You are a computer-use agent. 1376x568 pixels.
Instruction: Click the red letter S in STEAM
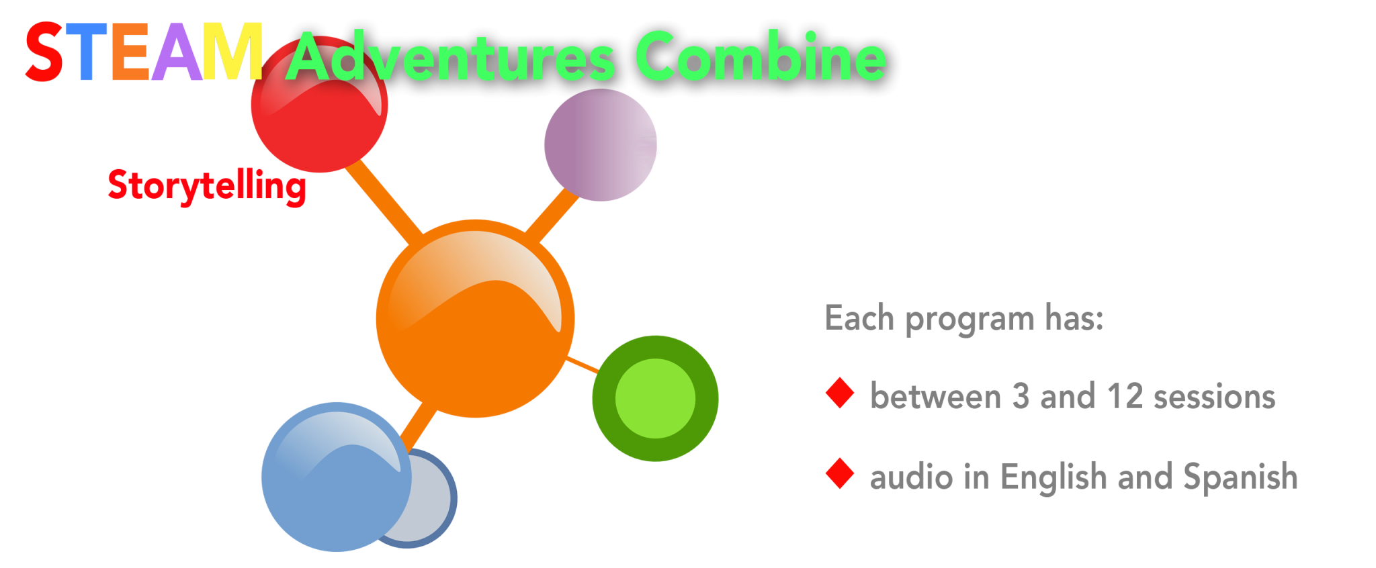(x=44, y=52)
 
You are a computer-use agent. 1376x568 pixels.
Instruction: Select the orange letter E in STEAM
(x=130, y=52)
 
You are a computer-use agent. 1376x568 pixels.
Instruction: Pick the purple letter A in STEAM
(x=177, y=52)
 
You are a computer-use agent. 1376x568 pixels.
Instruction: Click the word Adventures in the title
(x=450, y=58)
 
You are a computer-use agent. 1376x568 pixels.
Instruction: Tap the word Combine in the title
(x=760, y=56)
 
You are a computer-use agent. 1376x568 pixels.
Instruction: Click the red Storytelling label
(x=207, y=186)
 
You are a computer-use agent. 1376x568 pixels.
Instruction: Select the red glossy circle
(x=319, y=105)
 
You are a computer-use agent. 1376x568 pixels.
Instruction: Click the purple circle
(x=601, y=145)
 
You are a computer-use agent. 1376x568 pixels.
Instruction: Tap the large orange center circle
(x=475, y=319)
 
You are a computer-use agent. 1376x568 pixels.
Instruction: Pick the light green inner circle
(x=655, y=399)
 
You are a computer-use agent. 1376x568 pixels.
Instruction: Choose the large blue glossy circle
(x=337, y=477)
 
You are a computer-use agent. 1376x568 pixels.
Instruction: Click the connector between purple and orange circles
(x=551, y=215)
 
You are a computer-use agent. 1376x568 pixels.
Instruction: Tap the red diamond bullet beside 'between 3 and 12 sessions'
(x=840, y=393)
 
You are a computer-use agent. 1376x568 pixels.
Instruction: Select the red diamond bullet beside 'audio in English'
(x=840, y=473)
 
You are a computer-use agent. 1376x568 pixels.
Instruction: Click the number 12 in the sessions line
(x=1125, y=396)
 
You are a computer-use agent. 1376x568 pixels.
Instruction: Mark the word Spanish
(x=1240, y=477)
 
